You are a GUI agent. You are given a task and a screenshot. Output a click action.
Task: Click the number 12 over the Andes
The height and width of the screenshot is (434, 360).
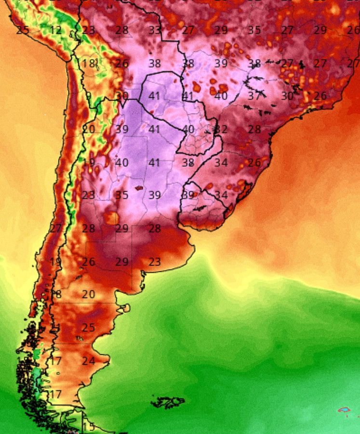point(55,30)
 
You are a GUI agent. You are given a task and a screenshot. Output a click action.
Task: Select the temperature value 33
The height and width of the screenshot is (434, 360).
point(155,30)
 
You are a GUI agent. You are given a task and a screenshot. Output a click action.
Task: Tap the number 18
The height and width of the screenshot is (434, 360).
point(88,64)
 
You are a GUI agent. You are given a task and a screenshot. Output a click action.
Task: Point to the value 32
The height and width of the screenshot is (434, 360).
point(221,129)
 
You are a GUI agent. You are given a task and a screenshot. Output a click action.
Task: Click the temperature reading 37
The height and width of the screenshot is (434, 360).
point(254,96)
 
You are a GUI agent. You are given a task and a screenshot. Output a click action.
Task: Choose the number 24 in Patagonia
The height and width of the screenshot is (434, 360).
point(88,361)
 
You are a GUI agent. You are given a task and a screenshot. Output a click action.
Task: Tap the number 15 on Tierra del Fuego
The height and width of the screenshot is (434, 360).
point(89,427)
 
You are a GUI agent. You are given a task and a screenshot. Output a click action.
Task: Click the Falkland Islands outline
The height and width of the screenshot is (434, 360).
point(168,401)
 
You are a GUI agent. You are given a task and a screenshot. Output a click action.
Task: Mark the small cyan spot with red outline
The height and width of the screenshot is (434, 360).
point(344,410)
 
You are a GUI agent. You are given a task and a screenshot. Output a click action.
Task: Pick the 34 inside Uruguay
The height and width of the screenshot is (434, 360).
point(221,195)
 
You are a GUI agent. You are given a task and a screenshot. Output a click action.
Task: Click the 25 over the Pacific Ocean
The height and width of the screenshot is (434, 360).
point(22,30)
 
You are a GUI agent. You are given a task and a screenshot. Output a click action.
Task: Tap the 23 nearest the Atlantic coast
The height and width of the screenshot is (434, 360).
point(154,262)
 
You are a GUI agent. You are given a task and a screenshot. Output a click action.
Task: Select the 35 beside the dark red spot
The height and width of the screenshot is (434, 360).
point(121,195)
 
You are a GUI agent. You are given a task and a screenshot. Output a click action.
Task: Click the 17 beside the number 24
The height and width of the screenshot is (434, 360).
point(55,361)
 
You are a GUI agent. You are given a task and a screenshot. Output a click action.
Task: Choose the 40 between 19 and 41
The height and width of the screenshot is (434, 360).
point(121,163)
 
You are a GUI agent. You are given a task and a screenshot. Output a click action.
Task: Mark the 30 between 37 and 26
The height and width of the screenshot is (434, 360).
point(287,96)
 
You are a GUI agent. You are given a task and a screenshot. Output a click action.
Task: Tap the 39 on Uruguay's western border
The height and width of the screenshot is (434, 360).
point(188,195)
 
